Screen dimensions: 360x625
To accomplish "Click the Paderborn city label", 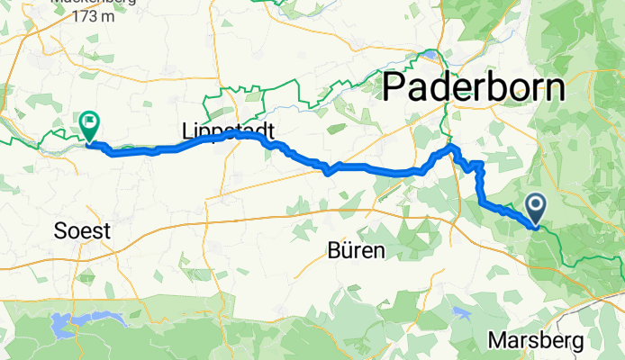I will (475, 88).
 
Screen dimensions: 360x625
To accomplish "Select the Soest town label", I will (81, 231).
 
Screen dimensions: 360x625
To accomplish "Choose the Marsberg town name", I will (538, 341).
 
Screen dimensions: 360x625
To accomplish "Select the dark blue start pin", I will (536, 211).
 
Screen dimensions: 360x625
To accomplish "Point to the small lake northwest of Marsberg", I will (462, 312).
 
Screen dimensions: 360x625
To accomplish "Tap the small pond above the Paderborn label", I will (433, 54).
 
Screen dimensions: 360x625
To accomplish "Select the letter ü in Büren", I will (347, 249).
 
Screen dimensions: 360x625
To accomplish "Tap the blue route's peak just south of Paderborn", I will (453, 147).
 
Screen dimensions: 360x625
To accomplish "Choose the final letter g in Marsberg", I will (577, 343).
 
